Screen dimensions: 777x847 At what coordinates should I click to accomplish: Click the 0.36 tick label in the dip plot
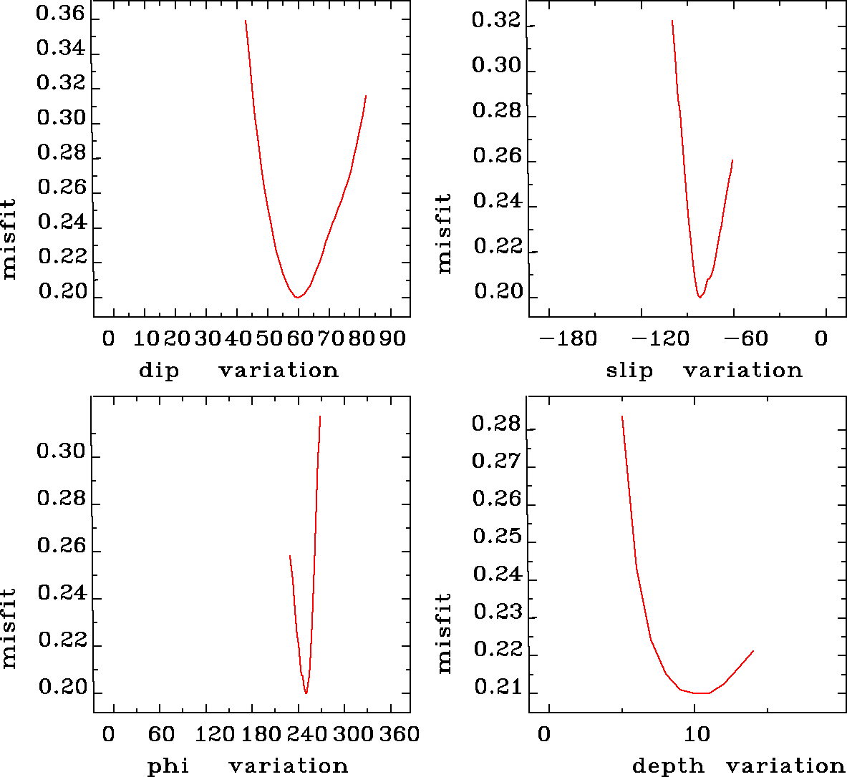[x=61, y=14]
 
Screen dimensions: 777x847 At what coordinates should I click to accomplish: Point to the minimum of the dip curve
[x=296, y=297]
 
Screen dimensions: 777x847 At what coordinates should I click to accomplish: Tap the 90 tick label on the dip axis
[x=392, y=338]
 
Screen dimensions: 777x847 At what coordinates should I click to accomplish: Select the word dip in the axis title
[x=159, y=371]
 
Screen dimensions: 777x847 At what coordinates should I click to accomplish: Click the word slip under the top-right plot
[x=629, y=371]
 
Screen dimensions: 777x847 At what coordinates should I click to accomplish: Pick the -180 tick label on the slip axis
[x=568, y=338]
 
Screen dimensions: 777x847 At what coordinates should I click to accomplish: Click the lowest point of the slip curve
[x=700, y=297]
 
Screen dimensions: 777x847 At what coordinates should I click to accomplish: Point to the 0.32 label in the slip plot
[x=495, y=21]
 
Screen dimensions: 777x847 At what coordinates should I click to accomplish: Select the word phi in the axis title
[x=168, y=766]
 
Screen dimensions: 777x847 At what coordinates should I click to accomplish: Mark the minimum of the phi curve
[x=306, y=693]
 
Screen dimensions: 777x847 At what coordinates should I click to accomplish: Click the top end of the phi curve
[x=319, y=416]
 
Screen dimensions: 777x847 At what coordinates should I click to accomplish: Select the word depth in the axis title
[x=667, y=766]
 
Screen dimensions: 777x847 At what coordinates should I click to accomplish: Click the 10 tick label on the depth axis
[x=697, y=734]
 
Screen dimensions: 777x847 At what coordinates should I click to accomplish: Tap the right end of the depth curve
[x=753, y=651]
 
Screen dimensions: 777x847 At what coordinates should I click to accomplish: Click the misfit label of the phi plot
[x=9, y=628]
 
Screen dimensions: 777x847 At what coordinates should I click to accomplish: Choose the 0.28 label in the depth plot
[x=495, y=424]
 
